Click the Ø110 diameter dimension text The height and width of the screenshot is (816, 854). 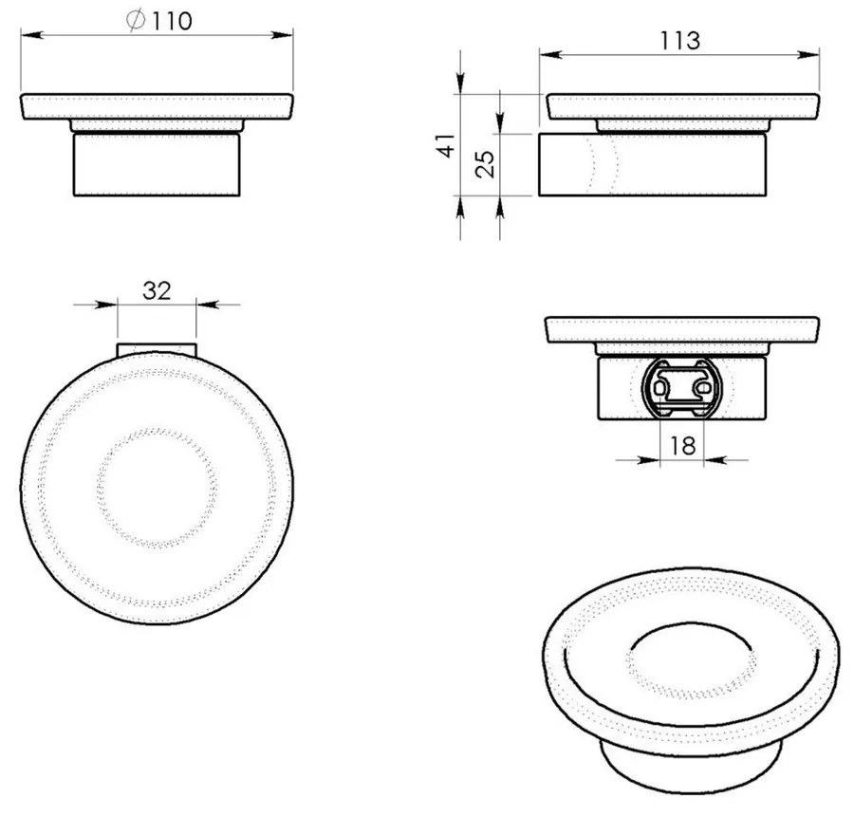159,21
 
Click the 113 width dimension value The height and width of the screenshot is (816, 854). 679,41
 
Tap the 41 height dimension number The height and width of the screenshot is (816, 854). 447,145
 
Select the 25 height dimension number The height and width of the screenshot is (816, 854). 485,164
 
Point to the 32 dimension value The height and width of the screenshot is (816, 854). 157,290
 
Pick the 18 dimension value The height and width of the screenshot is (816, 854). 682,446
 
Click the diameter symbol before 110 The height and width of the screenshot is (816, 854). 136,21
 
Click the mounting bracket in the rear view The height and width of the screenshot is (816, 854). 681,388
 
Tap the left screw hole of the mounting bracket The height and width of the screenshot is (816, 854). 660,388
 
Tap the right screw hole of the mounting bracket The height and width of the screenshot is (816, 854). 702,388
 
